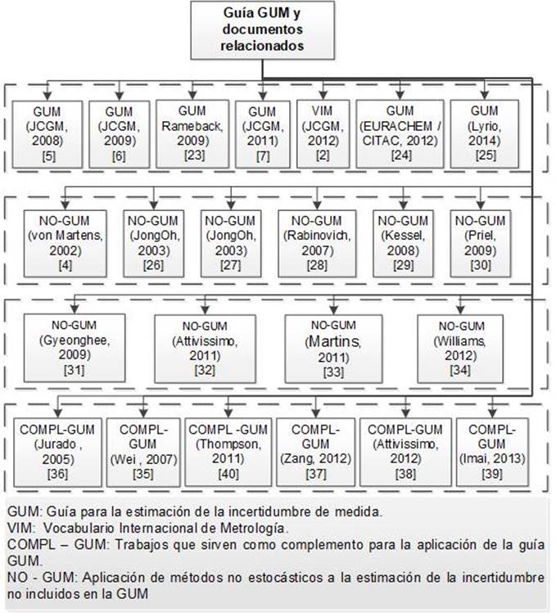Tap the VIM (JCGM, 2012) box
click(x=319, y=133)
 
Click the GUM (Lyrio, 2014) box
click(x=484, y=133)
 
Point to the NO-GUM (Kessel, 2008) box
click(x=402, y=241)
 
